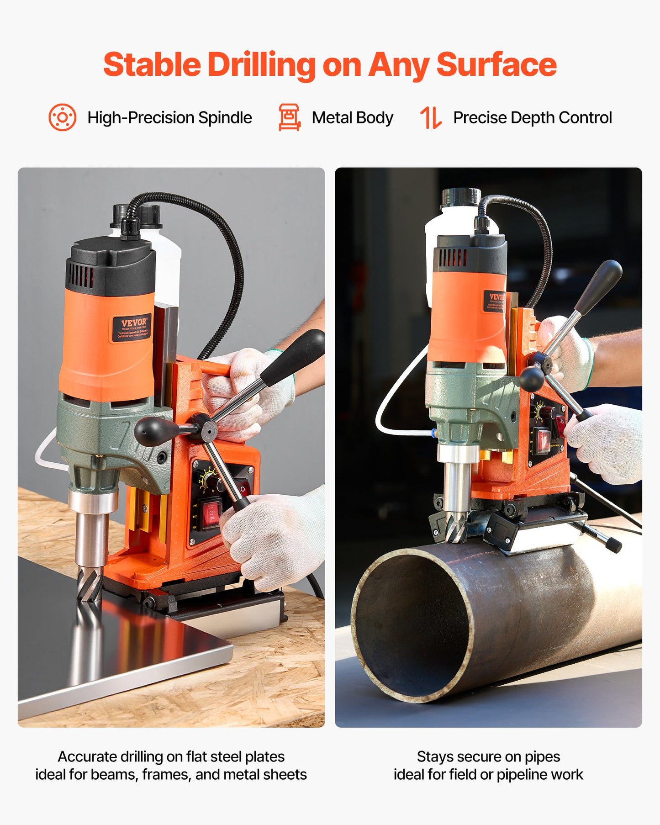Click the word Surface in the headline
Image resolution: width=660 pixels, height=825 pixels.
click(x=496, y=64)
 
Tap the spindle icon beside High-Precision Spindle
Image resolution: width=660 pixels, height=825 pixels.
click(x=62, y=117)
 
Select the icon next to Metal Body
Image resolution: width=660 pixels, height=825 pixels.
click(x=289, y=117)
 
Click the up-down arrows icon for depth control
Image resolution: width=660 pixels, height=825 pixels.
click(x=431, y=117)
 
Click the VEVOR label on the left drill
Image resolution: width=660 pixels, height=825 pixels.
click(x=132, y=328)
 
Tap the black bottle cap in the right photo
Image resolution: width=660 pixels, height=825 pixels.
click(x=460, y=197)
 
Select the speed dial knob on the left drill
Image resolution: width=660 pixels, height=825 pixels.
click(x=211, y=481)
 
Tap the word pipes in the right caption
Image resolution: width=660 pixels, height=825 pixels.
click(x=542, y=757)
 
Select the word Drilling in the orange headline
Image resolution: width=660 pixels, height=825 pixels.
click(x=261, y=64)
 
